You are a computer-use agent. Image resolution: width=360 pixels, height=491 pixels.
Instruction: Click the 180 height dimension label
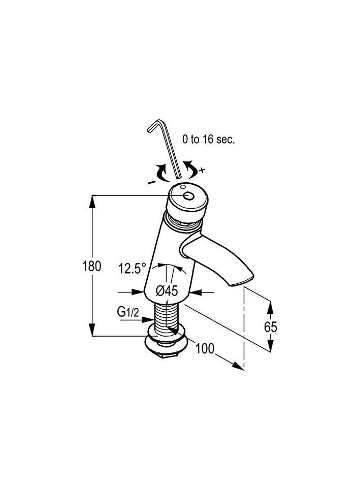91,266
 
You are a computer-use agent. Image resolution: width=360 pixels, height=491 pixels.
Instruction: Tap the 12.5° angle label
132,269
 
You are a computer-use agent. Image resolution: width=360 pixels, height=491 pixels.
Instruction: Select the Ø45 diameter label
167,291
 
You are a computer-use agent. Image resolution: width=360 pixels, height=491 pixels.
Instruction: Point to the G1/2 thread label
128,312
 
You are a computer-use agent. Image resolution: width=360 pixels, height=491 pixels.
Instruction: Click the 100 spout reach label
205,348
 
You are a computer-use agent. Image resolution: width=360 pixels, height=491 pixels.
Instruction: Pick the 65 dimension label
271,327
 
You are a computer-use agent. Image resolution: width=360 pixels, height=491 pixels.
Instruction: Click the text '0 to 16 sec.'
209,139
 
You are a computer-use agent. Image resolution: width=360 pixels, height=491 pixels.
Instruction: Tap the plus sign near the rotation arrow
203,170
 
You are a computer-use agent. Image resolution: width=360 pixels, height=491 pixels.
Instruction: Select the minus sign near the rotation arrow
151,182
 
